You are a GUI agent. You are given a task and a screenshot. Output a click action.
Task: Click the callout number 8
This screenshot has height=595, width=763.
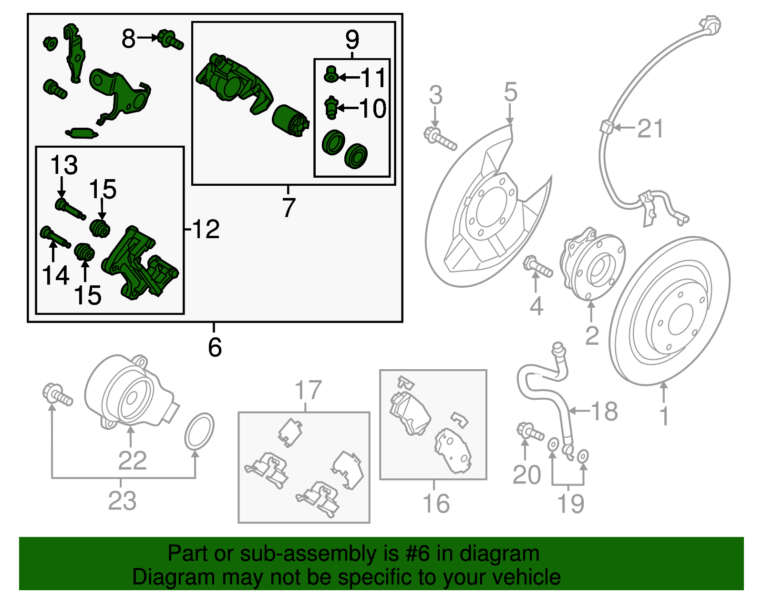pos(128,39)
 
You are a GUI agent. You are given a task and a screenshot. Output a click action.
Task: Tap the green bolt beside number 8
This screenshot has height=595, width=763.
pos(170,40)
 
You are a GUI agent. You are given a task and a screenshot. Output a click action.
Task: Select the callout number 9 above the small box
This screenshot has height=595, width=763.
pos(352,40)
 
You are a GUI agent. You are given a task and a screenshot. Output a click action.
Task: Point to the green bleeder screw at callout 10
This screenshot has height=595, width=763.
pos(331,108)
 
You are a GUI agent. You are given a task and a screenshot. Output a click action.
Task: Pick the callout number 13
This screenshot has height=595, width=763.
pos(64,165)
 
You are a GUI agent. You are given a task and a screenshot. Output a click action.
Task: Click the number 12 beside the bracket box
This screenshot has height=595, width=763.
pos(206,230)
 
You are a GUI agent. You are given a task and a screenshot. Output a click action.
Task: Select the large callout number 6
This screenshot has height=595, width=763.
pos(215,347)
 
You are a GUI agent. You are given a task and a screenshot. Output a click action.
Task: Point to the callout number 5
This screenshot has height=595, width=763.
pos(510,92)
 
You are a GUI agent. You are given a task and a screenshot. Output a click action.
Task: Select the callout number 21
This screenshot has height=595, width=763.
pos(650,129)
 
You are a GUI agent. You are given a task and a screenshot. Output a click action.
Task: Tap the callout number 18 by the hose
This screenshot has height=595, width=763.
pos(604,411)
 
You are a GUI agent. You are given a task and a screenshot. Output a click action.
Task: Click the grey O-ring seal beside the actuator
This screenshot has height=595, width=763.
pos(199,431)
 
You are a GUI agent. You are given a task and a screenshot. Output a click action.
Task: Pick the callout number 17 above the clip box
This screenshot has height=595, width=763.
pos(308,390)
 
